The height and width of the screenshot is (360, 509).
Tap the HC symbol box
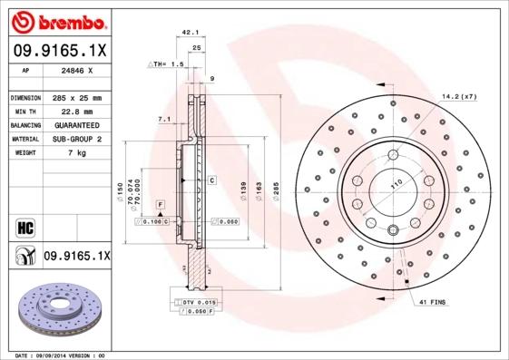pos(24,225)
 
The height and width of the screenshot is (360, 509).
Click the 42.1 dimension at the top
pos(191,33)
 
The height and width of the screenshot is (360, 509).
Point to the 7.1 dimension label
pos(164,119)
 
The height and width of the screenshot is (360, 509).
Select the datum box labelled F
pos(159,205)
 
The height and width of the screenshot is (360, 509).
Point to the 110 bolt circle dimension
pos(396,185)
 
